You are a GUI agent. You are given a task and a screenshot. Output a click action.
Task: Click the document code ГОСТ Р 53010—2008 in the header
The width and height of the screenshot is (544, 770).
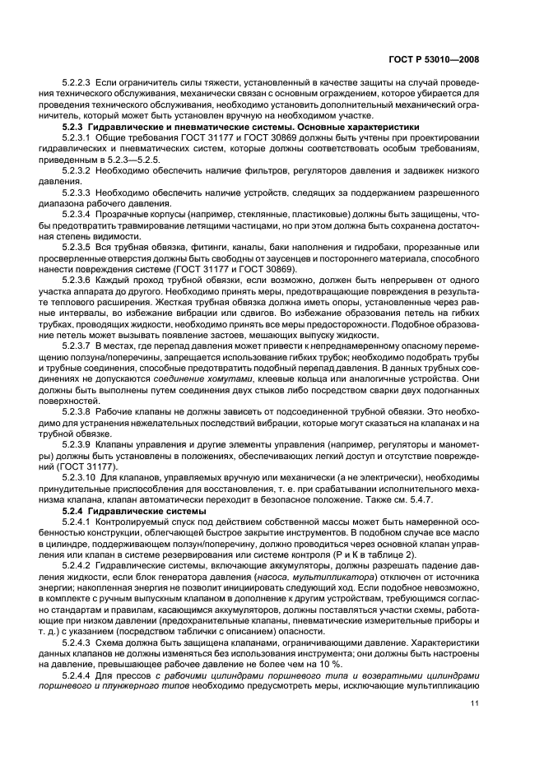coord(439,59)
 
